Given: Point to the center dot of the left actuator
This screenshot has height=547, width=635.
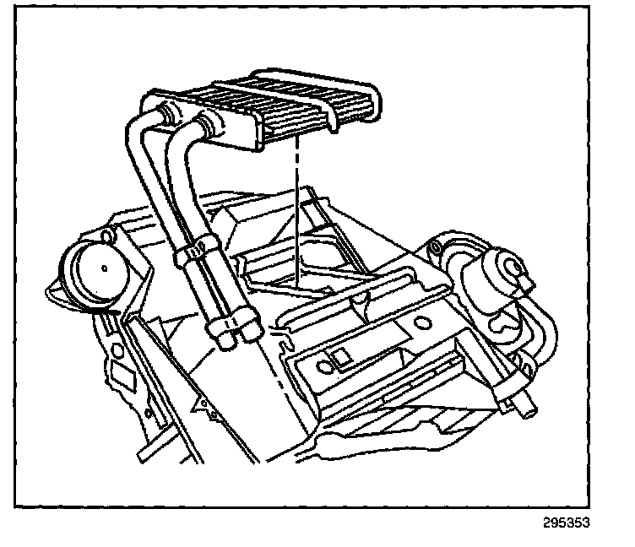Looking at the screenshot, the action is point(101,268).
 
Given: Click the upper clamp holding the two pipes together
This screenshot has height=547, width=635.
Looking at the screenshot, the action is point(196,250).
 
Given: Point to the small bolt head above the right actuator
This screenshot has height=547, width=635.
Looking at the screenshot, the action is point(435,246).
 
